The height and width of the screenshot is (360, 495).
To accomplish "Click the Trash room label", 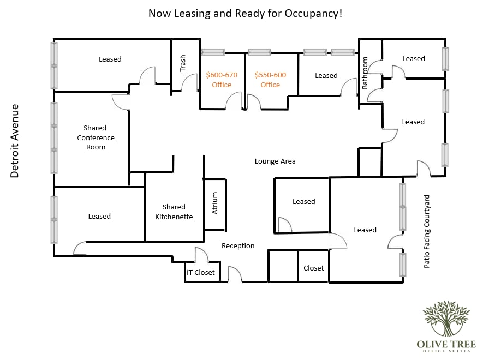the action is tap(182, 63).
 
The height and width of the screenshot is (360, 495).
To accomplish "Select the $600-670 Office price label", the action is tap(222, 80).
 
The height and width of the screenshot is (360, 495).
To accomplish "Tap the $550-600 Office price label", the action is tap(270, 80).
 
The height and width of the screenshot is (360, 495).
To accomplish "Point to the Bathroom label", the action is tap(365, 73).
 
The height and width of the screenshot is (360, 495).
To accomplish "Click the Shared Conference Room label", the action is tap(96, 137).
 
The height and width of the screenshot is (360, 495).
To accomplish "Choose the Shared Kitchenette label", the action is tap(174, 212).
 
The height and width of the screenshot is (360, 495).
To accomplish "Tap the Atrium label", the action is tap(214, 203).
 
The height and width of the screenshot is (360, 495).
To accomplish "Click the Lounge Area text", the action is tap(275, 161).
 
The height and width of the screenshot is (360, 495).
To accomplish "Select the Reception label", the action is tap(238, 246).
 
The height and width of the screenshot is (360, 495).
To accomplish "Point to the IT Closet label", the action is tap(200, 272).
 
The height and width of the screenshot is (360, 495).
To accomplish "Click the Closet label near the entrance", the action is tap(313, 268).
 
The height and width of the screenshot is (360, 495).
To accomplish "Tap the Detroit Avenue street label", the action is tap(15, 141).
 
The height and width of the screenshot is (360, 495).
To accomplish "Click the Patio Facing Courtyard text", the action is tap(426, 232).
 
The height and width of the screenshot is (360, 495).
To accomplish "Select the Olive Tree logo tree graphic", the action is tap(446, 319).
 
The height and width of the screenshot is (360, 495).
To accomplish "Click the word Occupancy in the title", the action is tap(313, 14).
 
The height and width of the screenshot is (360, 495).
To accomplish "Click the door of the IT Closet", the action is tap(202, 254).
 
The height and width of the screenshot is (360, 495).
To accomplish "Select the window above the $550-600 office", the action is tap(259, 52).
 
